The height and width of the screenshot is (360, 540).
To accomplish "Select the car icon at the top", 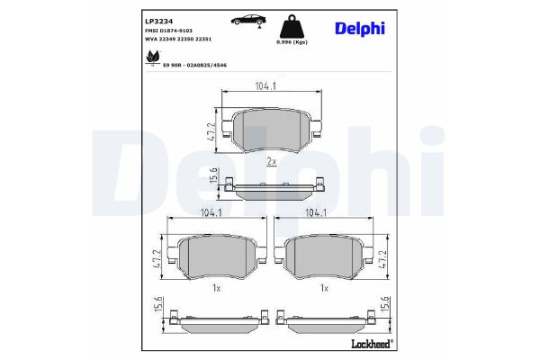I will (246, 20).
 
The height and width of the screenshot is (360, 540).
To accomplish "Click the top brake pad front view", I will (271, 131).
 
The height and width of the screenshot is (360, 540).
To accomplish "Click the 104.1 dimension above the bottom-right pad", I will (317, 214).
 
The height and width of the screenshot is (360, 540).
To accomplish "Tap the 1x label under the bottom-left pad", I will (216, 288).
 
